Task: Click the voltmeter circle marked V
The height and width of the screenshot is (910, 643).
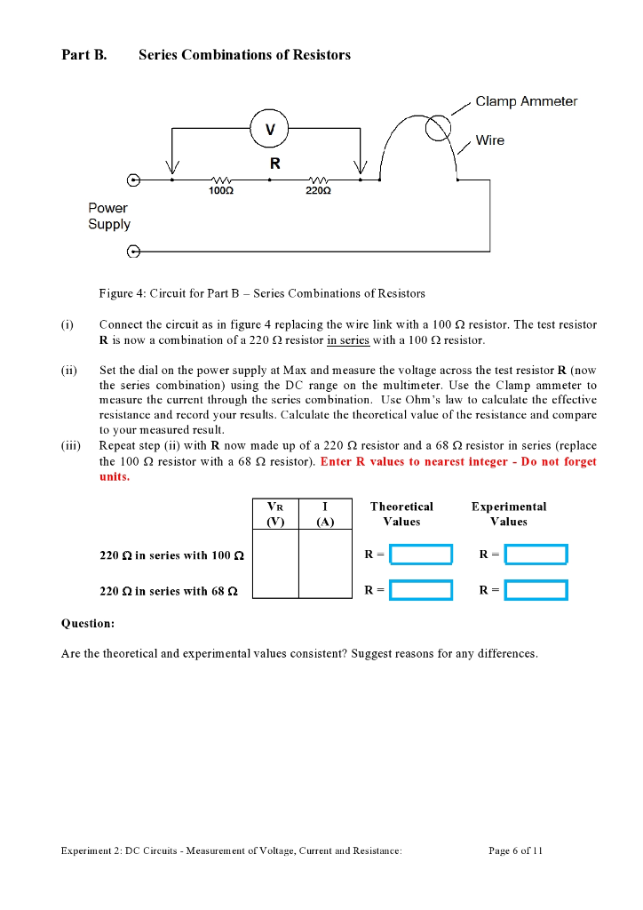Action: (x=270, y=129)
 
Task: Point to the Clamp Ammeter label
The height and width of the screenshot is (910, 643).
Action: (x=526, y=101)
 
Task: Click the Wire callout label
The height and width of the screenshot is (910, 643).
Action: (x=489, y=140)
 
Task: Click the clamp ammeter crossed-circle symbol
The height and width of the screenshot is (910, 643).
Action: (x=438, y=129)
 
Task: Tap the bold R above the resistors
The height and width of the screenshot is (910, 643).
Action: (x=274, y=164)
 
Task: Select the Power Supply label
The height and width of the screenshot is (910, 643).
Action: (x=109, y=216)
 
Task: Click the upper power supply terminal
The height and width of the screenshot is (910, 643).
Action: (x=134, y=180)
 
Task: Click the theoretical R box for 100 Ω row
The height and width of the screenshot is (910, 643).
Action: (x=421, y=555)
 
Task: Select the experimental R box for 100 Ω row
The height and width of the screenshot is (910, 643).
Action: (x=536, y=555)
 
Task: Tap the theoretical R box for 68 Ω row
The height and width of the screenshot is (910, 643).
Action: (x=421, y=590)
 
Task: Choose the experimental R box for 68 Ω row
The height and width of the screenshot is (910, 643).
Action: (x=536, y=590)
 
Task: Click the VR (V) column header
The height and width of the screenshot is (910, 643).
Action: (x=275, y=515)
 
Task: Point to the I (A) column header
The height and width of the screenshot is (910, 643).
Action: (x=325, y=515)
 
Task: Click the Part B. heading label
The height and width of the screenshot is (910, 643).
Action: (x=84, y=55)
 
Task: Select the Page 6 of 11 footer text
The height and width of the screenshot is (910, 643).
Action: (x=516, y=850)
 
